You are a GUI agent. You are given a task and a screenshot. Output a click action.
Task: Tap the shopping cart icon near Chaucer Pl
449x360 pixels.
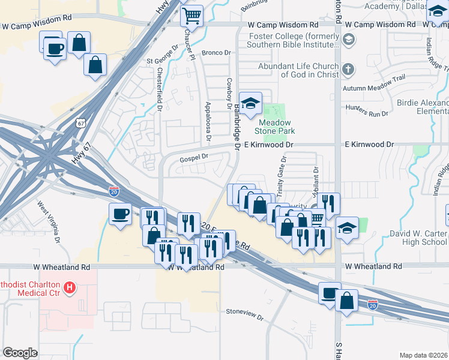coord(192,15)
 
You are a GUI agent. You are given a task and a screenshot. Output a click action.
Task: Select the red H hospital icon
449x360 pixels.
coord(70,289)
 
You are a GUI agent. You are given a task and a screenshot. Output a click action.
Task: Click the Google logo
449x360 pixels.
coord(20,353)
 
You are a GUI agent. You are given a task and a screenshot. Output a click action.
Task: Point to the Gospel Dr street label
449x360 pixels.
coord(193,157)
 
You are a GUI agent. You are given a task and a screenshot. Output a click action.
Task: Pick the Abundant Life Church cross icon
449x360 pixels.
coord(349,71)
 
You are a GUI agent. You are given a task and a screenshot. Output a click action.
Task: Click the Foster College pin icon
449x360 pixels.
coord(349,40)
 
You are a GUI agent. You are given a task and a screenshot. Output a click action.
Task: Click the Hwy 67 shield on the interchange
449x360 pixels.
coord(79,123)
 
